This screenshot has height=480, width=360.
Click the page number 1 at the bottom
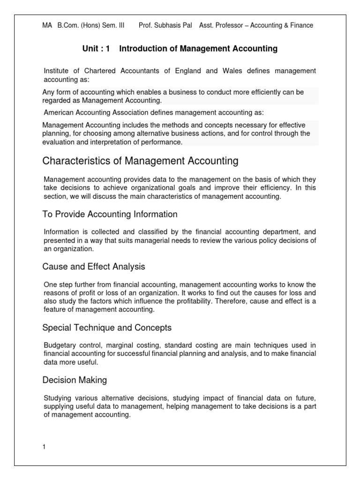pos(44,447)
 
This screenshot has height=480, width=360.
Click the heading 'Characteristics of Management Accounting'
pos(140,161)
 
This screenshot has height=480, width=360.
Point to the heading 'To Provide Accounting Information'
pos(110,214)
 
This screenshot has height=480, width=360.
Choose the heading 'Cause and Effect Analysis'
pos(94,267)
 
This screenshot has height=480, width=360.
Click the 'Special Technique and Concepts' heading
pos(107,327)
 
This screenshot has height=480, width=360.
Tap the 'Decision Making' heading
pos(75,380)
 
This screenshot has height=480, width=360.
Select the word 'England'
pos(186,71)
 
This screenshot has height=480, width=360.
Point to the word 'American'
pos(60,112)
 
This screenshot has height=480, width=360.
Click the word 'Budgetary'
pos(59,345)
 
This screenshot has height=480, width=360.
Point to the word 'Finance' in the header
pos(301,25)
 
